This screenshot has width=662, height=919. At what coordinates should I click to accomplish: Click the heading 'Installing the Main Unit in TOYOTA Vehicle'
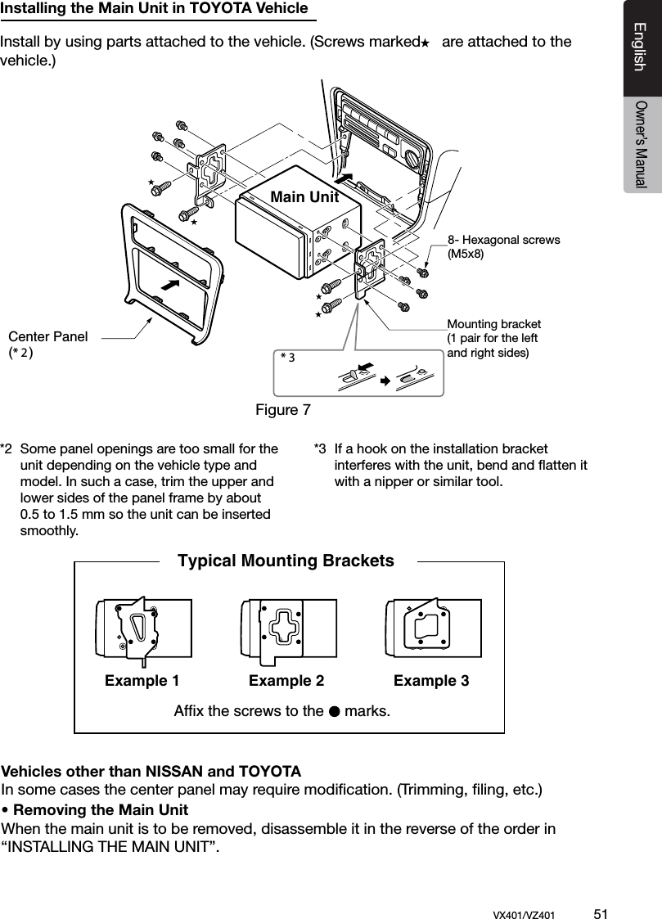tap(155, 9)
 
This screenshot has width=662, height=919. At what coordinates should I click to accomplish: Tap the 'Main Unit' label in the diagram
tap(304, 197)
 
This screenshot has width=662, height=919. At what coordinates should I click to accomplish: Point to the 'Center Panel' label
tap(47, 336)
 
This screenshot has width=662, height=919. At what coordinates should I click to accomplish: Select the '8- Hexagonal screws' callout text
tap(503, 240)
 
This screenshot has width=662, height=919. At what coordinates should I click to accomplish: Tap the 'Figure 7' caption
tap(283, 408)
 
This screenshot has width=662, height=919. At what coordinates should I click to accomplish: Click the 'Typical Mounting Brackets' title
tap(286, 561)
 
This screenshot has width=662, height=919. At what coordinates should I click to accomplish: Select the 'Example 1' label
tap(142, 681)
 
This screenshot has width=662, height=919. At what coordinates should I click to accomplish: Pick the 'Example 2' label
tap(286, 681)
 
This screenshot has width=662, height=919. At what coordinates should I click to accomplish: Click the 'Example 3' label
tap(431, 681)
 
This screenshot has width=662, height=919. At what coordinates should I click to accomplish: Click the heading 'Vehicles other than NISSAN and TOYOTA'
tap(151, 772)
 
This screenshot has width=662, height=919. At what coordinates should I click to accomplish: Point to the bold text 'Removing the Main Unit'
tap(99, 810)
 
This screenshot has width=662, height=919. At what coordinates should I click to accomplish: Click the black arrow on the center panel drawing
tap(170, 285)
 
